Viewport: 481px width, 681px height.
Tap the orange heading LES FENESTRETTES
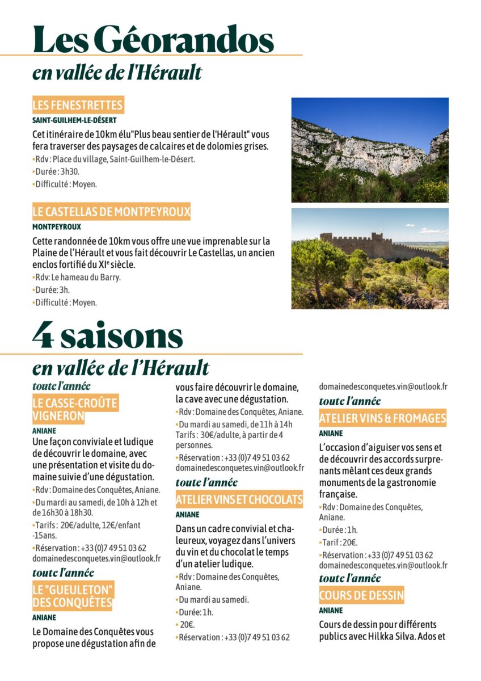[x=78, y=105]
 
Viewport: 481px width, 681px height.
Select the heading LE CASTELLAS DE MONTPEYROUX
[x=111, y=212]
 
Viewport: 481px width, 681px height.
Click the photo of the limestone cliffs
[x=370, y=150]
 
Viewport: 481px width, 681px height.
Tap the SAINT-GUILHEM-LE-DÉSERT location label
[x=74, y=120]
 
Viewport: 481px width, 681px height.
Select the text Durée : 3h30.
[x=57, y=171]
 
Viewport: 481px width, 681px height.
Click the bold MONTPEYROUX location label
[x=57, y=226]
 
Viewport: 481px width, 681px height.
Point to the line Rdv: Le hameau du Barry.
[x=78, y=278]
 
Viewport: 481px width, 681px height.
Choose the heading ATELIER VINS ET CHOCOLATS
[x=239, y=500]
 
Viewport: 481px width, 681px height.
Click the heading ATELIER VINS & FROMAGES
[x=382, y=419]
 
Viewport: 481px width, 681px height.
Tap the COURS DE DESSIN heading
[x=361, y=595]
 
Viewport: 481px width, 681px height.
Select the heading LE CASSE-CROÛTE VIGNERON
[x=75, y=410]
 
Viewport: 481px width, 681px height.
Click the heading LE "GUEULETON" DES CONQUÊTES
[x=73, y=595]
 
